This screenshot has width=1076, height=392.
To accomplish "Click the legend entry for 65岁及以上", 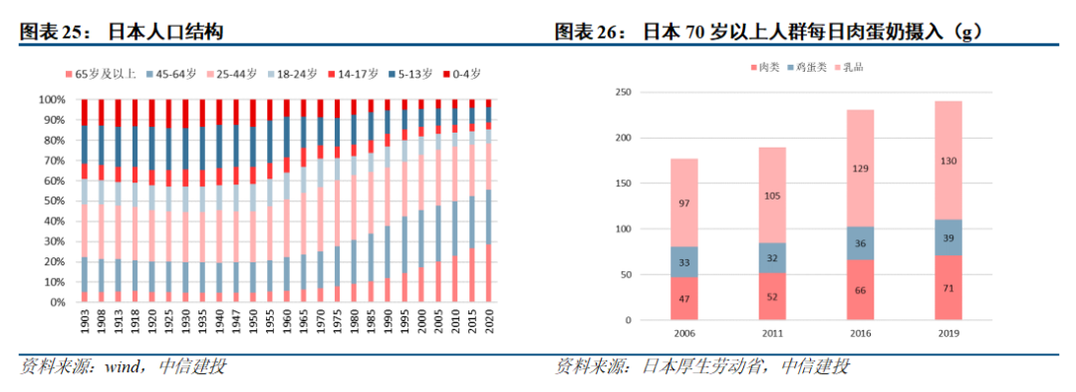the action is click(x=101, y=74).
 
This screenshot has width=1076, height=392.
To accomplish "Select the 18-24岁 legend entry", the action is click(x=294, y=74).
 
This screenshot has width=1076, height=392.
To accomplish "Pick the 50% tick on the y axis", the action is click(x=54, y=201).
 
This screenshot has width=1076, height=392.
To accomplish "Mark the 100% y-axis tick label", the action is click(x=52, y=100).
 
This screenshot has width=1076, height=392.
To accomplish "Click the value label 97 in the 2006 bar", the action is click(x=684, y=202).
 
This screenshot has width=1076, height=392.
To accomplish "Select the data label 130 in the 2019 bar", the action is click(x=948, y=161).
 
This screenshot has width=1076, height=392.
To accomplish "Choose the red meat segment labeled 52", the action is click(x=772, y=296).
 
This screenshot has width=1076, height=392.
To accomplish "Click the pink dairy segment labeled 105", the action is click(x=772, y=195).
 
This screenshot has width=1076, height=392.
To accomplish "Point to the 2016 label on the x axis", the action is click(x=860, y=333).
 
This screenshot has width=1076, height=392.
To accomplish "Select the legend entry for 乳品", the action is click(x=848, y=68).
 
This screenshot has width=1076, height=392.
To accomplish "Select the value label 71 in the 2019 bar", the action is click(x=948, y=287).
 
